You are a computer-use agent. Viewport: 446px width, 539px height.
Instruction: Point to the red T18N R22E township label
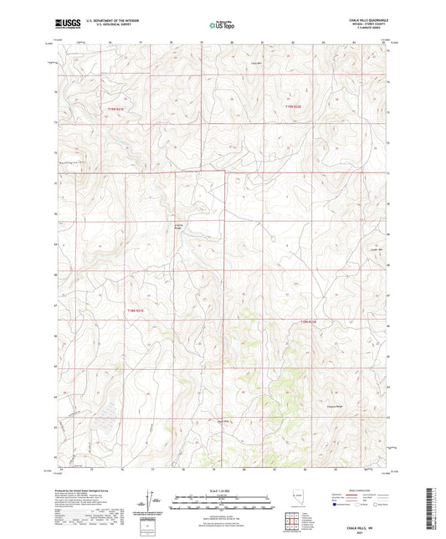click(310, 321)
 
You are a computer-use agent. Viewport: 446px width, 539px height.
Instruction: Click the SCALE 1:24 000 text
click(222, 490)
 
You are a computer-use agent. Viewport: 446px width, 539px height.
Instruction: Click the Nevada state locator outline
click(297, 499)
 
